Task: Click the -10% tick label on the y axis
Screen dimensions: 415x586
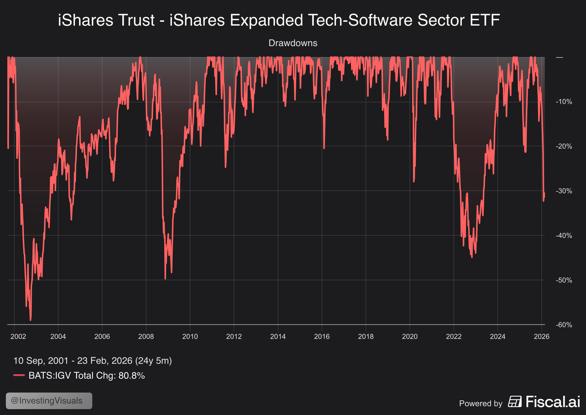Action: (x=564, y=102)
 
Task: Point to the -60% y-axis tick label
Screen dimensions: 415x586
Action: (x=564, y=325)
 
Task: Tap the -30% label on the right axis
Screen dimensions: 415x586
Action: (x=564, y=191)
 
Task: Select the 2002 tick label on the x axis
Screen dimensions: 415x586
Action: (x=18, y=336)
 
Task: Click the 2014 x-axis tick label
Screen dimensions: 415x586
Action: (x=278, y=336)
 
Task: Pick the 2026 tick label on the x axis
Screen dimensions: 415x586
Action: (x=541, y=336)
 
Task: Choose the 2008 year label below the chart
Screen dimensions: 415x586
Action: (x=146, y=336)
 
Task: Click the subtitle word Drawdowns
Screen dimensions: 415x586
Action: (x=293, y=43)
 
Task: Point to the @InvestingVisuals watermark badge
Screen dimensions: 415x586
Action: (x=49, y=401)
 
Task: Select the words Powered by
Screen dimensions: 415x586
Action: (x=481, y=403)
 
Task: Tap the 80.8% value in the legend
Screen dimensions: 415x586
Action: (x=132, y=375)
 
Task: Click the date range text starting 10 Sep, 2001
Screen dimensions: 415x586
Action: (x=92, y=361)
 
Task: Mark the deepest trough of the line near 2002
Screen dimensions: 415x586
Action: (x=31, y=320)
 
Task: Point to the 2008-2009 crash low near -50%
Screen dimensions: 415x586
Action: (x=165, y=279)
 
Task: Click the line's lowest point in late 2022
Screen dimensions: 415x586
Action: (x=472, y=257)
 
